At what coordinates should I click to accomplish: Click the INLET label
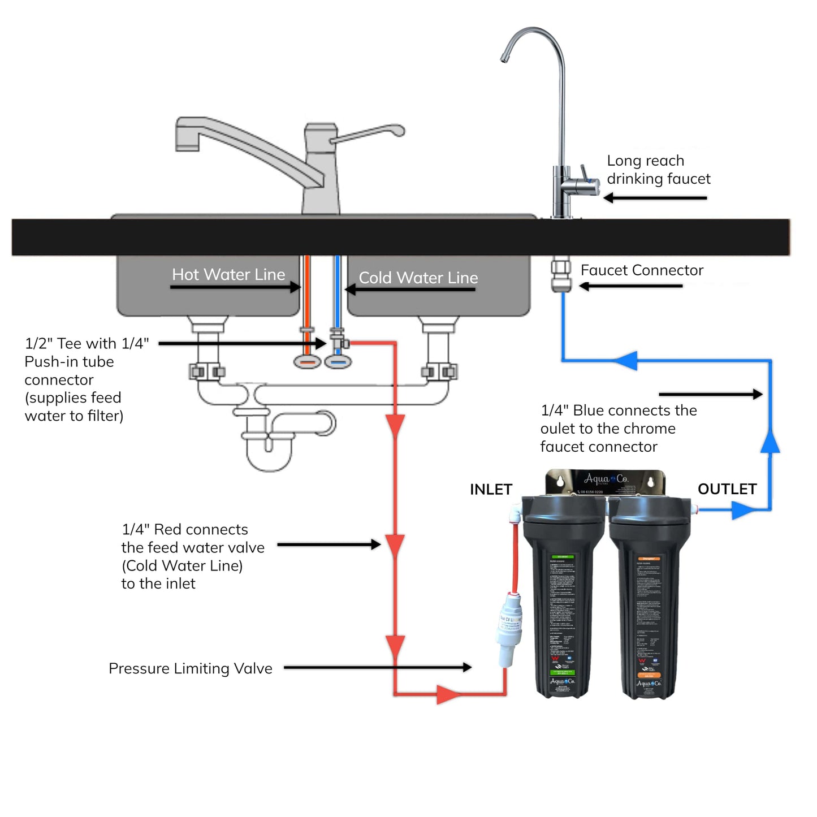tap(491, 489)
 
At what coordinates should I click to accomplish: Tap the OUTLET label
tap(727, 489)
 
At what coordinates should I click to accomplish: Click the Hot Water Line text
tap(228, 274)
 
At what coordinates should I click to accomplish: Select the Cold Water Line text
tap(418, 278)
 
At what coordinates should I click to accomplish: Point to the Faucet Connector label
tap(642, 270)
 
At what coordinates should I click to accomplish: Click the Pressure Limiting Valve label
tap(190, 668)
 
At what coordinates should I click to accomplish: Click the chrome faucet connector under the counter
tap(561, 275)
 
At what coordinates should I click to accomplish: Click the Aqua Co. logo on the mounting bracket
tap(606, 480)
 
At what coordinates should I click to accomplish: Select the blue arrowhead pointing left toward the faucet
tap(626, 360)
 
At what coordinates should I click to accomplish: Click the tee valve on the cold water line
tap(338, 342)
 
